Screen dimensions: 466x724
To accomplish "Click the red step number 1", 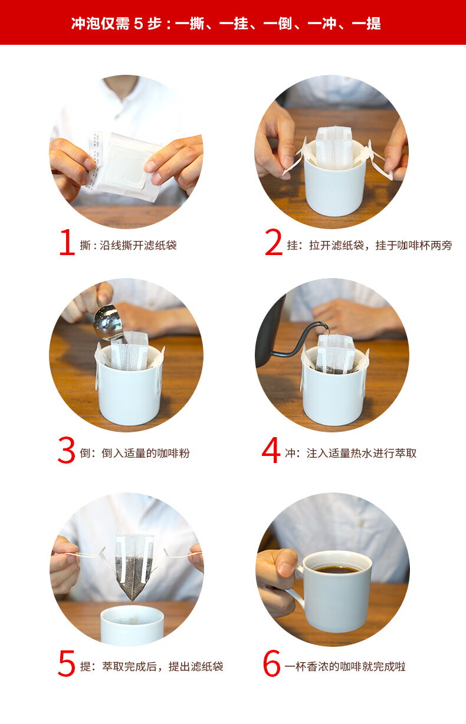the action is point(67,242).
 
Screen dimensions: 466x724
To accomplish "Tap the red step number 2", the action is point(274,242).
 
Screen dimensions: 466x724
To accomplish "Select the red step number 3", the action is point(67,449).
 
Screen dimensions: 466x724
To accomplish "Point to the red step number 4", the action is point(271,449).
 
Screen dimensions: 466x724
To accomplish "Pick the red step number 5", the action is point(67,663).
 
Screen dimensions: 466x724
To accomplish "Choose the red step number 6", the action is point(271,663).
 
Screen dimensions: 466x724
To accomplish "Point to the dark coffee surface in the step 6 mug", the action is point(337,569).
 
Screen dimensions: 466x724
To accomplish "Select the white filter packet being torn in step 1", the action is point(124,165).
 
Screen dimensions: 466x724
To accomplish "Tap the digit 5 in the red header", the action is point(139,24).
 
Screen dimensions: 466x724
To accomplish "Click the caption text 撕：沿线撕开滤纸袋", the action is point(128,245).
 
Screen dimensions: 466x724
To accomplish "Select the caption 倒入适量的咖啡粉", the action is point(146,453).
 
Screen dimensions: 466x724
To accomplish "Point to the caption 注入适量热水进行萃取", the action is point(361,453).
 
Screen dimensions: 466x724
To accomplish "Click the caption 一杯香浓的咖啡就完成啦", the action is point(345,666).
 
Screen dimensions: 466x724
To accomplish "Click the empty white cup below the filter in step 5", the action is point(132,625).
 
